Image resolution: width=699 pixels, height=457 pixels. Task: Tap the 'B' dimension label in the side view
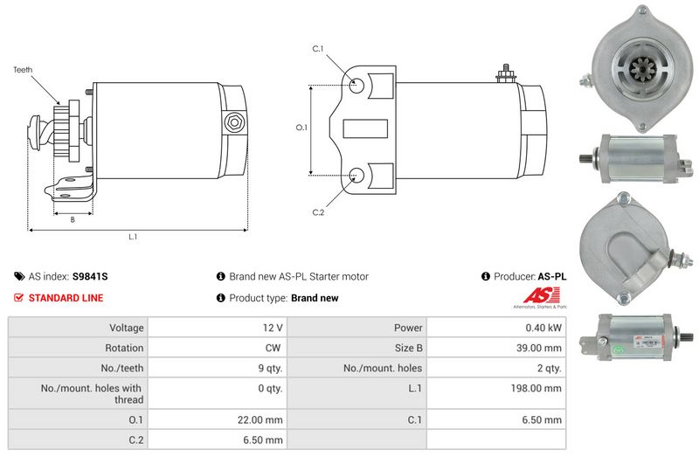pos(73,219)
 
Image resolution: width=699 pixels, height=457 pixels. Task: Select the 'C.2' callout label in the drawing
pos(317,212)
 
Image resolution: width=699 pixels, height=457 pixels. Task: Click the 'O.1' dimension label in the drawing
pos(301,128)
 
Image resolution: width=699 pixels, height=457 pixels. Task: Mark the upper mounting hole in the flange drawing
pos(356,86)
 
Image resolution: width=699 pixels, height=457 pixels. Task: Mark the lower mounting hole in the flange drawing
pos(356,174)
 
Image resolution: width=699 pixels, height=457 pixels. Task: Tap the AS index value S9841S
pos(90,276)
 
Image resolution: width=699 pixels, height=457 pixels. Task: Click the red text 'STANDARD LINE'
pos(66,298)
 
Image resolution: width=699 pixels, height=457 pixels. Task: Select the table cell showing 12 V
pos(272,328)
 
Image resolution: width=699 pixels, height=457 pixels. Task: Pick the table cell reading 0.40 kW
pos(543,328)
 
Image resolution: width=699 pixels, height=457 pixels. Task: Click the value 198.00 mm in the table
pos(538,388)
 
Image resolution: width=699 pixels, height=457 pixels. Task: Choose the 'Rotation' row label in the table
pos(124,348)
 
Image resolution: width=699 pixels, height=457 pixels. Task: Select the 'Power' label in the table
pos(408,328)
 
